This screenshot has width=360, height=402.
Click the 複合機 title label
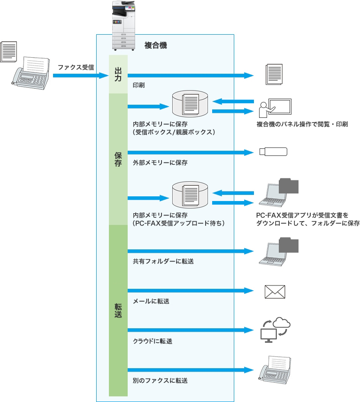[x=155, y=46]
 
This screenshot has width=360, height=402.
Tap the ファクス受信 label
[x=76, y=67]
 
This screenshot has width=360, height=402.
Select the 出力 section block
[x=118, y=74]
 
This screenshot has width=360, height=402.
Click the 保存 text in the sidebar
[x=118, y=159]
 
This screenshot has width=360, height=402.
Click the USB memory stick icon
[x=273, y=152]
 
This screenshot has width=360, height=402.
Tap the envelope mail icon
[x=275, y=292]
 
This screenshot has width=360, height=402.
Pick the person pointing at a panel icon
[x=275, y=108]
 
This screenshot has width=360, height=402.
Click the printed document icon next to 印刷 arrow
[x=274, y=75]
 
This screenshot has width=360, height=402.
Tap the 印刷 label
[x=139, y=86]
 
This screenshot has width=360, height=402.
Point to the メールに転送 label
[x=151, y=301]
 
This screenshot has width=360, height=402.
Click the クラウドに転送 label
[x=153, y=341]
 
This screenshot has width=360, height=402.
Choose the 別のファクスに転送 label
[x=160, y=380]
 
